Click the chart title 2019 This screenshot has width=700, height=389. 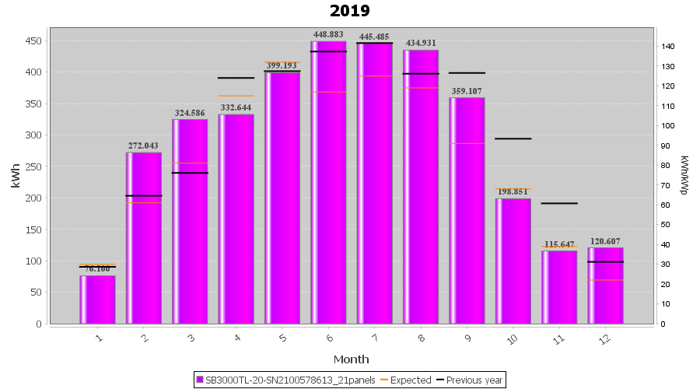(x=349, y=11)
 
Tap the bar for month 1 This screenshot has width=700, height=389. (x=97, y=300)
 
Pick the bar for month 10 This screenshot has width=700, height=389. (x=513, y=261)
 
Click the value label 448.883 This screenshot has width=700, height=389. (x=328, y=34)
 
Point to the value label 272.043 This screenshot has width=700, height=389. (x=144, y=145)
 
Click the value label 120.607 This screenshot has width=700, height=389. (x=606, y=241)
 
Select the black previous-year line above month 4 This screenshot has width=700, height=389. (x=236, y=78)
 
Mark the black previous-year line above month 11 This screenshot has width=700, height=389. (x=559, y=203)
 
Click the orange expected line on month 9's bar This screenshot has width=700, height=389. (x=467, y=144)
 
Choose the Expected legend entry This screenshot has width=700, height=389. (x=405, y=380)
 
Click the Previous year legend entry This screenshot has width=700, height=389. (x=470, y=380)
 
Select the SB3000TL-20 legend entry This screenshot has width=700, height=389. (x=287, y=380)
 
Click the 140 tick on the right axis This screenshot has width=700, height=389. (x=668, y=47)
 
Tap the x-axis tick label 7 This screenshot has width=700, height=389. (x=375, y=338)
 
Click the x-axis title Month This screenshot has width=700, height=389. (x=351, y=359)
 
